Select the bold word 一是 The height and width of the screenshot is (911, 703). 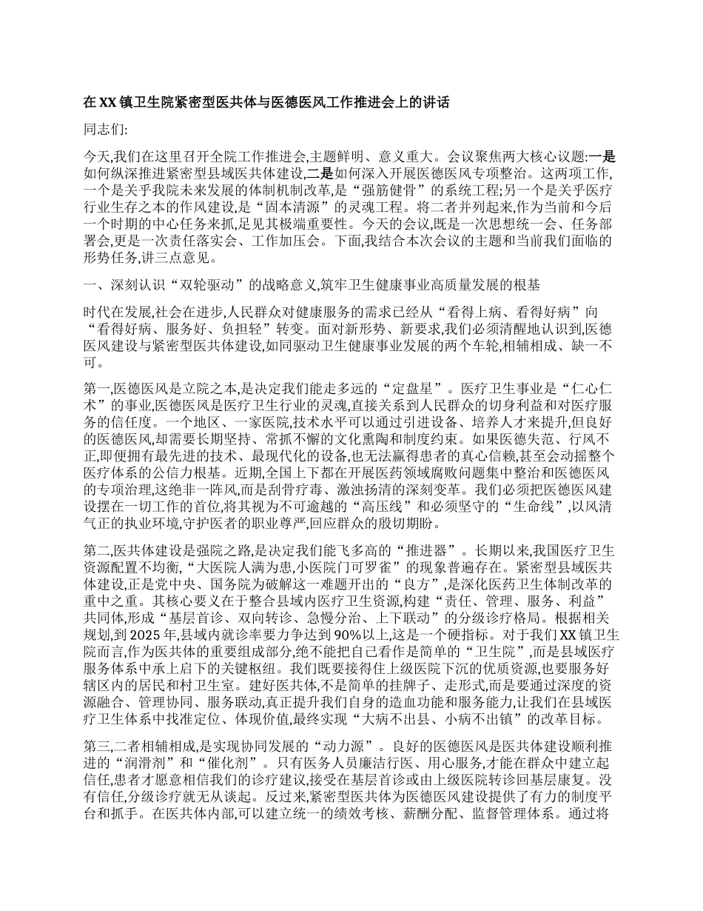[606, 156]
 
